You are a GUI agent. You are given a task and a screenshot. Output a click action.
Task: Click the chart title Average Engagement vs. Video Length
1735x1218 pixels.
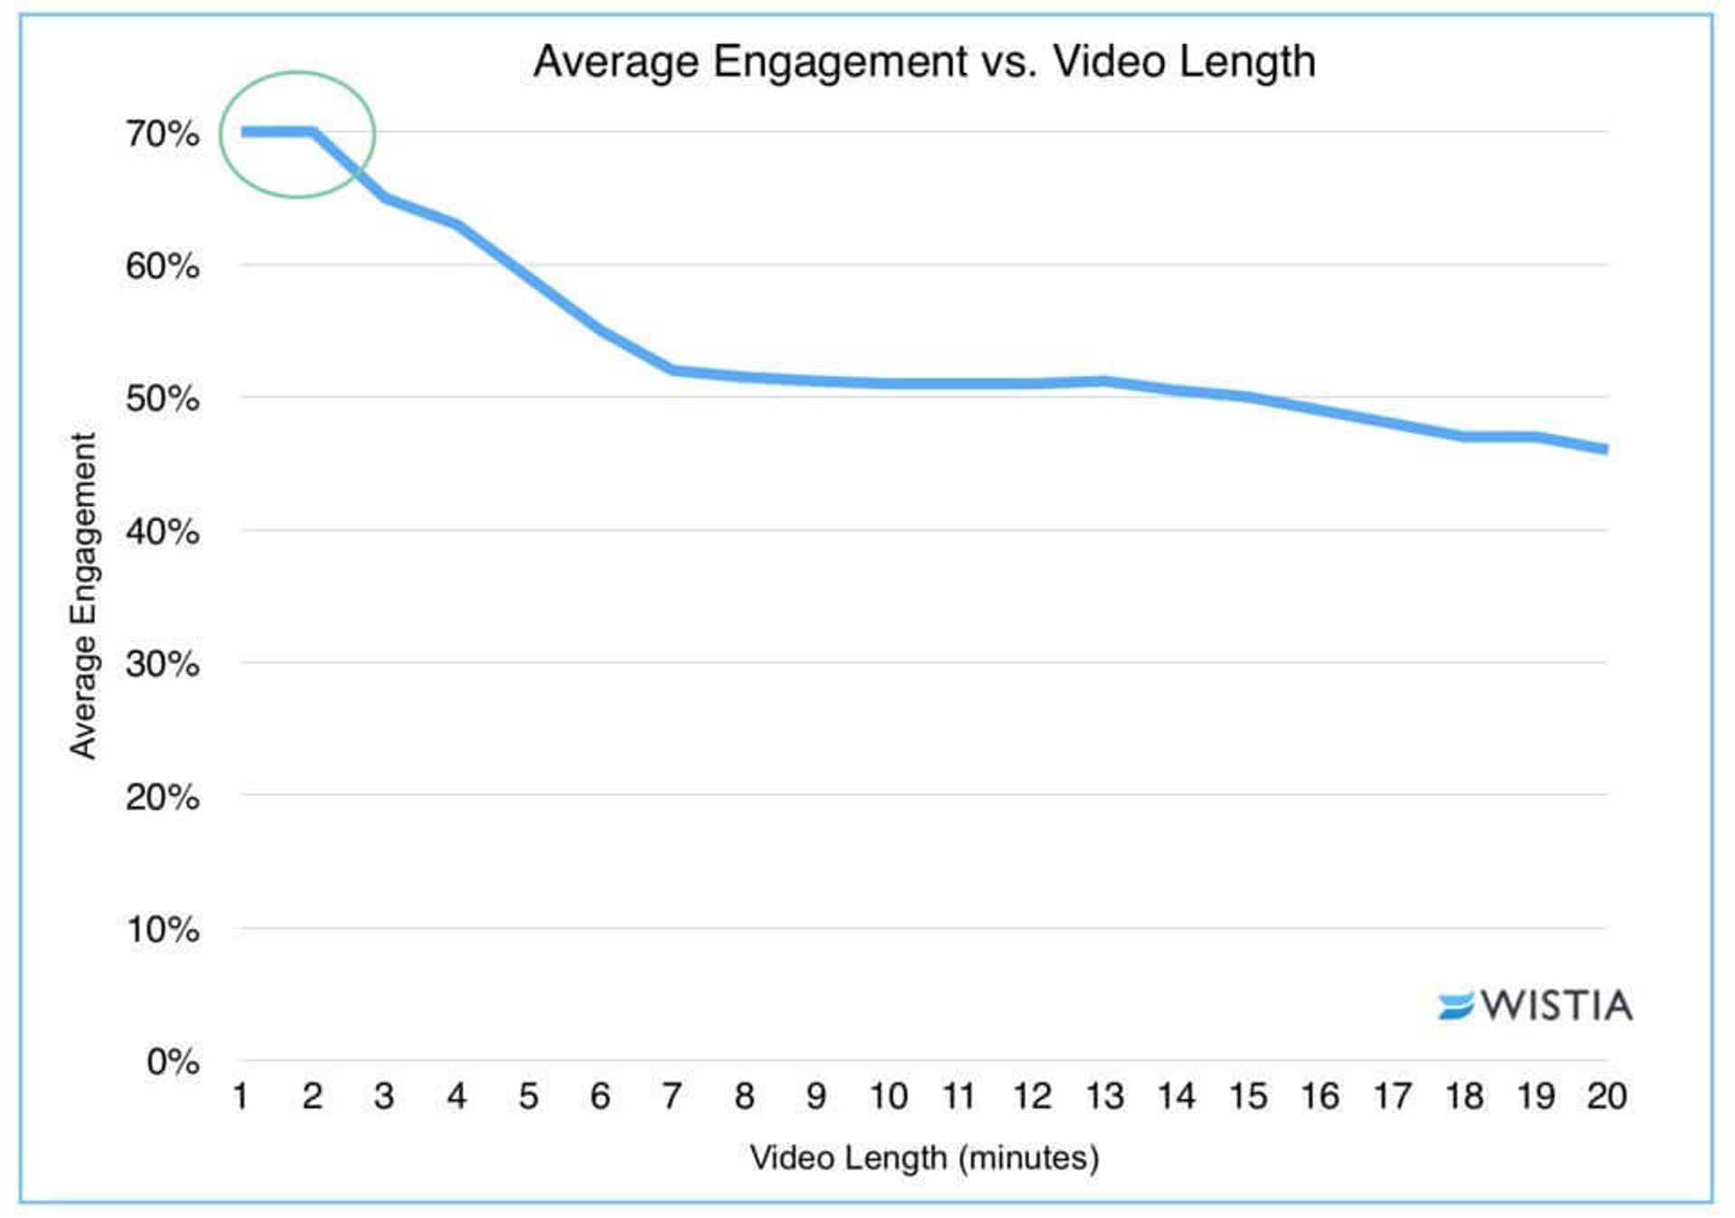tap(924, 62)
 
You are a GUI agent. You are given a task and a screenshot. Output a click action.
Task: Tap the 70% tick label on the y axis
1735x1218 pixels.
tap(163, 135)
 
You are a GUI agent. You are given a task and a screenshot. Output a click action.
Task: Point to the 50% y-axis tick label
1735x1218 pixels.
tap(163, 398)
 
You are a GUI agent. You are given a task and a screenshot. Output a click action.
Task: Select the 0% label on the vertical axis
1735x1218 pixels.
tap(173, 1062)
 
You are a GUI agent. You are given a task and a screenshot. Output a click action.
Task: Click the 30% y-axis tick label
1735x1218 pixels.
tap(163, 664)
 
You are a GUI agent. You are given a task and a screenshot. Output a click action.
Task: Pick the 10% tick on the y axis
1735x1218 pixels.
tap(163, 930)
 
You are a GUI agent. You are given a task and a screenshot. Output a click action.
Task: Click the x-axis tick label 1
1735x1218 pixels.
tap(240, 1096)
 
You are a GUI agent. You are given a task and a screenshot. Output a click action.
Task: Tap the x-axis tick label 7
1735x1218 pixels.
tap(671, 1096)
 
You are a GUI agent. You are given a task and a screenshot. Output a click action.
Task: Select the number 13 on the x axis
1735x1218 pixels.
tap(1104, 1096)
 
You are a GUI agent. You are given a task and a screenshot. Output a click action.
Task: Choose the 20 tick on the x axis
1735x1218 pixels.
tap(1607, 1096)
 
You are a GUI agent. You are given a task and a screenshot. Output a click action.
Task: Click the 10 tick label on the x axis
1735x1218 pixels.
tap(888, 1096)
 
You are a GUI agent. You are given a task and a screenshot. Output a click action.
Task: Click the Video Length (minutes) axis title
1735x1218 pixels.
tap(924, 1157)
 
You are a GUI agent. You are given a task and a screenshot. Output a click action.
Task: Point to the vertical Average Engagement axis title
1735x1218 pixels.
tap(83, 596)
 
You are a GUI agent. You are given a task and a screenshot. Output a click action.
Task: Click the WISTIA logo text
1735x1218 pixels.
tap(1556, 1006)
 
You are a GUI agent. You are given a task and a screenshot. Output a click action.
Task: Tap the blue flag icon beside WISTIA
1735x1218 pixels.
tap(1455, 1006)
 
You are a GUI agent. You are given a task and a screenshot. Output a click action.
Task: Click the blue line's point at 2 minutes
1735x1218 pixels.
tap(313, 132)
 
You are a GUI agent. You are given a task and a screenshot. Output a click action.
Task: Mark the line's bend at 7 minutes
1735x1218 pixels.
tap(672, 370)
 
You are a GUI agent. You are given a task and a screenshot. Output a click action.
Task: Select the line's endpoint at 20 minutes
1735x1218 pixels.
tap(1605, 449)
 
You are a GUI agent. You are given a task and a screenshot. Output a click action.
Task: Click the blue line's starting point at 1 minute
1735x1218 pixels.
tap(244, 132)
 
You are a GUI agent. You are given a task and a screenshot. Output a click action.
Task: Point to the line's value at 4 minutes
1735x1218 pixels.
tap(457, 223)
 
